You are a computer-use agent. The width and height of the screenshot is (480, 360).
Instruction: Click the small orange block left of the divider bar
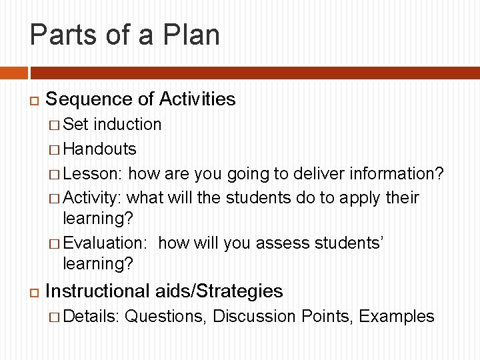13,73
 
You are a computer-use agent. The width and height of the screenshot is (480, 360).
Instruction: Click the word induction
127,125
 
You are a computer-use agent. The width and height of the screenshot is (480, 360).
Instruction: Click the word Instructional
97,291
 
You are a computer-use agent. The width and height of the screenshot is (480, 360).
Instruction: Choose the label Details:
91,316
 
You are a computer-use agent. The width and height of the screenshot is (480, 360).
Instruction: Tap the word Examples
397,316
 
